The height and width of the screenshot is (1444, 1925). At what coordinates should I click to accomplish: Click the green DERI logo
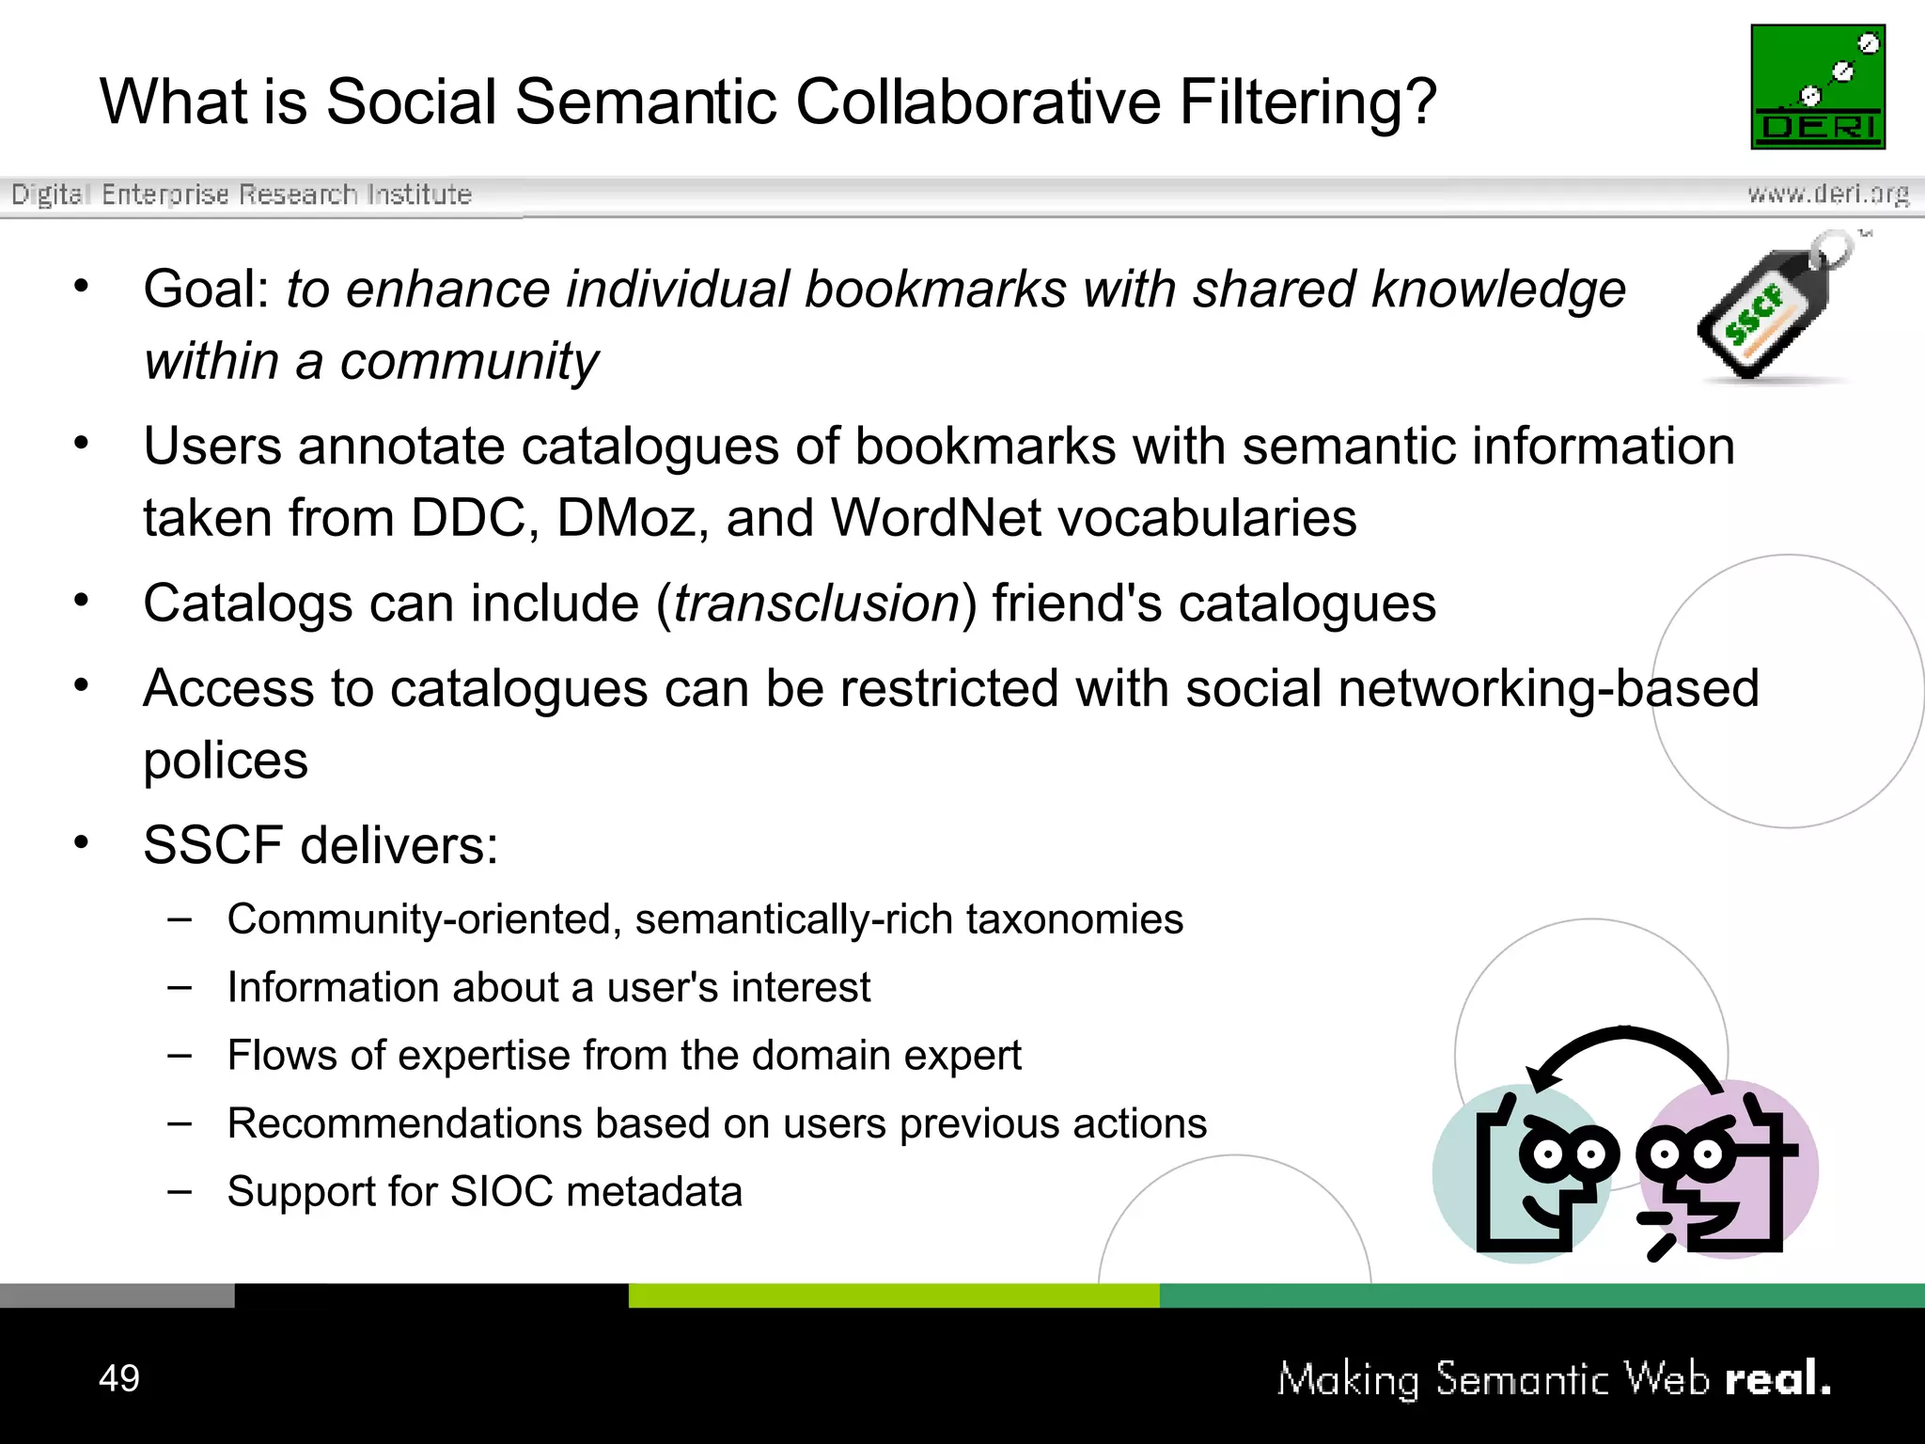pyautogui.click(x=1818, y=86)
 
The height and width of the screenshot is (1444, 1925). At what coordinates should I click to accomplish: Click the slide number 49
pyautogui.click(x=119, y=1378)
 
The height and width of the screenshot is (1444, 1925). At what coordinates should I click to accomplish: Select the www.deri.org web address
pyautogui.click(x=1827, y=194)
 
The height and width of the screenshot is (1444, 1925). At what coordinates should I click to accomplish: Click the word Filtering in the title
pyautogui.click(x=1307, y=102)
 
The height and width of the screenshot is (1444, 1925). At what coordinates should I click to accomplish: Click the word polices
pyautogui.click(x=226, y=760)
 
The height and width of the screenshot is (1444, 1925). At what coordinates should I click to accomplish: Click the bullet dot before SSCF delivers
pyautogui.click(x=82, y=842)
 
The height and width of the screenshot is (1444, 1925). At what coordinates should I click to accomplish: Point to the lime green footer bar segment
pyautogui.click(x=894, y=1295)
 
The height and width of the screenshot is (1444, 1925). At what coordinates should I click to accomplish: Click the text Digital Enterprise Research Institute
pyautogui.click(x=242, y=194)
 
